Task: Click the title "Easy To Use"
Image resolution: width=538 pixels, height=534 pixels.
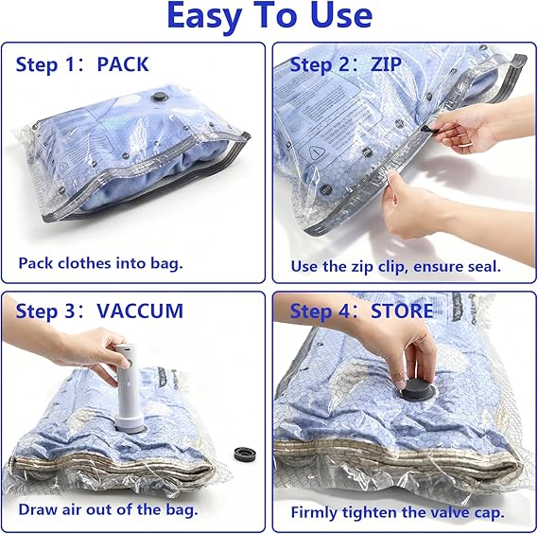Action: (x=269, y=16)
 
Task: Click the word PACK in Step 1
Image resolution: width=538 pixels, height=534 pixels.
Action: (x=123, y=64)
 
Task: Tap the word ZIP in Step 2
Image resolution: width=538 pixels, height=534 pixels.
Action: (x=388, y=64)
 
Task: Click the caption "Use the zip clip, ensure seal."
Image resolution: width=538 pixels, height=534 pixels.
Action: (x=395, y=266)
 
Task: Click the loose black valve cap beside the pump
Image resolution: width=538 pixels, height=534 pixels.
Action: (x=247, y=454)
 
